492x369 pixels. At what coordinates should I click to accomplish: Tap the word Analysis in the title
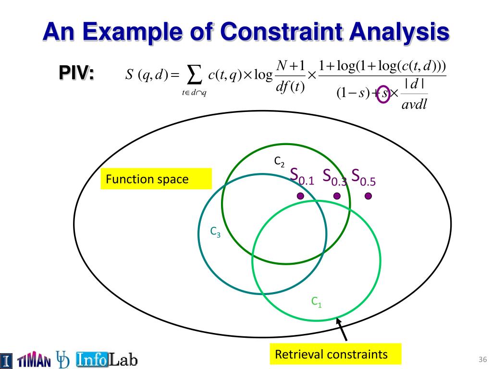tap(399, 32)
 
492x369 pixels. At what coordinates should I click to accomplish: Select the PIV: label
tap(76, 73)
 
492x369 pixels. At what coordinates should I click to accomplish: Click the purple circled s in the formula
tap(383, 94)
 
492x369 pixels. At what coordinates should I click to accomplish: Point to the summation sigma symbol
tap(194, 75)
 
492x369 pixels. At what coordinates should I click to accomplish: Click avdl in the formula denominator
tap(414, 104)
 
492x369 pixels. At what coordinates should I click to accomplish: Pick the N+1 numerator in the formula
tap(290, 66)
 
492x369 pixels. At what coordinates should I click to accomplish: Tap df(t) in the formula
tap(290, 86)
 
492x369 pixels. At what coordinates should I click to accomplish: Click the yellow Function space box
tap(156, 179)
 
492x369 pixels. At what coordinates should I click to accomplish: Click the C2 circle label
tap(279, 161)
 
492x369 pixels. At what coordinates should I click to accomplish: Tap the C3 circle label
tap(215, 232)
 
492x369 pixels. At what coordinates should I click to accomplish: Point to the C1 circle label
tap(316, 302)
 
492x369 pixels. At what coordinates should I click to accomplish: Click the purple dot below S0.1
tap(300, 196)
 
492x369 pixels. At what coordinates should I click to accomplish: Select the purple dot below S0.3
tap(337, 196)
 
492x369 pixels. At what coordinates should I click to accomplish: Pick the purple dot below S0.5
tap(369, 196)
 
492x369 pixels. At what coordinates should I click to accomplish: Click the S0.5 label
tap(363, 177)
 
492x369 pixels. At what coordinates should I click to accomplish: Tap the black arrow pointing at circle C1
tap(342, 329)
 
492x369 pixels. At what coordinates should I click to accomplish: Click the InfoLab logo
tap(107, 359)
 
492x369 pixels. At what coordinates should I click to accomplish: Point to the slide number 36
tap(482, 359)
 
